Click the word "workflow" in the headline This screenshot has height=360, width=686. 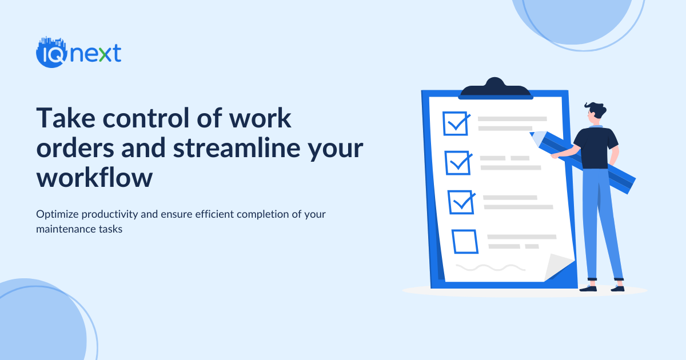94,178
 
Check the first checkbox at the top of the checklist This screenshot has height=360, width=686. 456,123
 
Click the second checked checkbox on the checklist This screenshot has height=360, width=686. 458,163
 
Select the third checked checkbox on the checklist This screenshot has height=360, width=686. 461,202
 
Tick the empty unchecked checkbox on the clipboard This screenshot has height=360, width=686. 465,241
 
